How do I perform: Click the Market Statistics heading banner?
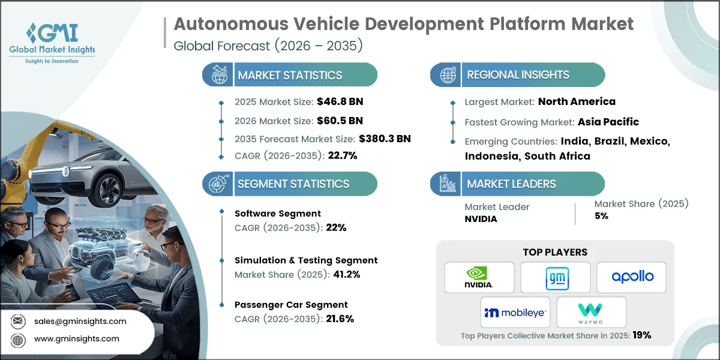(290, 75)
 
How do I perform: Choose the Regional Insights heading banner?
(518, 75)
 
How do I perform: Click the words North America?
(577, 101)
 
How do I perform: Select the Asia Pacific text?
(608, 122)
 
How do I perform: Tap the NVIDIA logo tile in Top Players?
(479, 277)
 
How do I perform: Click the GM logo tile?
(555, 277)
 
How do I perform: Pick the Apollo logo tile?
(631, 277)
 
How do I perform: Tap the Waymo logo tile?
(591, 312)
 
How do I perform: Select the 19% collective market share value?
(641, 335)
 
